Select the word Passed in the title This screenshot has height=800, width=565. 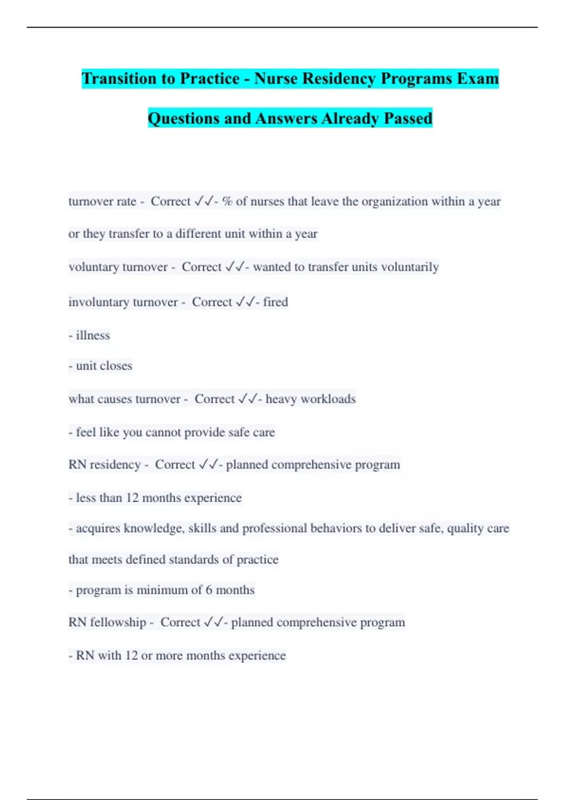[x=408, y=118]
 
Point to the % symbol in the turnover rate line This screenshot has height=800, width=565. [x=227, y=201]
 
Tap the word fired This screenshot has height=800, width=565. [x=275, y=302]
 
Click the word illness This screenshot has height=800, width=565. [x=93, y=335]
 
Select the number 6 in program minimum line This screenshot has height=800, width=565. [x=209, y=590]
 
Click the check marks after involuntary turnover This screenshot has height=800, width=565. [x=245, y=302]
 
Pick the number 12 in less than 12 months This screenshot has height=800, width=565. [x=132, y=498]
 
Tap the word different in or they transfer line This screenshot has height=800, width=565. [x=198, y=234]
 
